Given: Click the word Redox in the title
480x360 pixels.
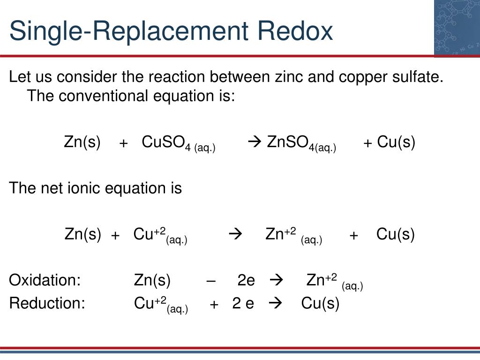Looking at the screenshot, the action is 295,30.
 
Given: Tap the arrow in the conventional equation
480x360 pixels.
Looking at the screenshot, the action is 255,142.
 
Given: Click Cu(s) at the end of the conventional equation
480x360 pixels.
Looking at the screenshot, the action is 396,142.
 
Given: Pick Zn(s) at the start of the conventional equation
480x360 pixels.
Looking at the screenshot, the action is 82,142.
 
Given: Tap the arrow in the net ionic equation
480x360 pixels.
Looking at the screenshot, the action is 235,234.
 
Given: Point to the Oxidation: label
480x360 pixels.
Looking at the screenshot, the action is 45,280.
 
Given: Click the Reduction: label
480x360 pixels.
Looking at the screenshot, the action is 47,303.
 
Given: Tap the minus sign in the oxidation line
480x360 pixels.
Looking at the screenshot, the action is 211,281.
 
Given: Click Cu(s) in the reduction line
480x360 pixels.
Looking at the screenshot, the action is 320,304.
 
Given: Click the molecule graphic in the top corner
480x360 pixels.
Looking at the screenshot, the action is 457,28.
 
